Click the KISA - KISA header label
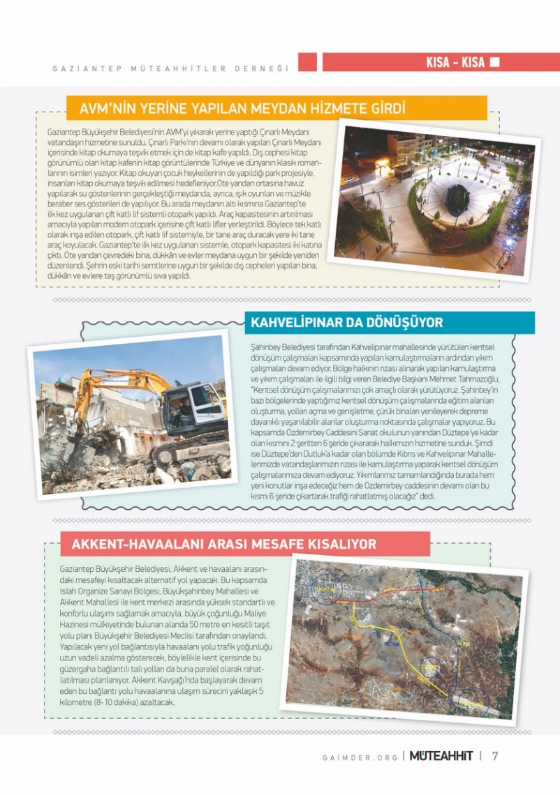pos(455,63)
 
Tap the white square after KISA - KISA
pos(494,62)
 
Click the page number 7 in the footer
pos(495,756)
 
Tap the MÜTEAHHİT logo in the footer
pos(441,756)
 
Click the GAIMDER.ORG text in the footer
pos(360,757)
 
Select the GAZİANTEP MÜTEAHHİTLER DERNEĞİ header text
pos(171,68)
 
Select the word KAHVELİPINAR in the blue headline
pos(296,323)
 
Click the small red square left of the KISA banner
pos(307,62)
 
